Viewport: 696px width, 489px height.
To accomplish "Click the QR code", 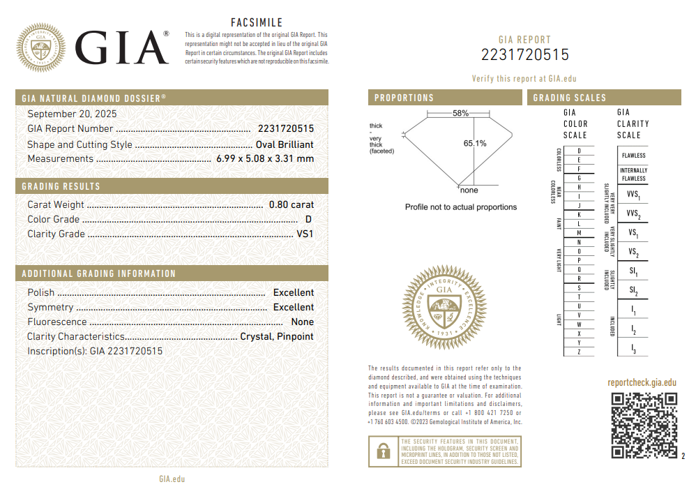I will [x=644, y=425].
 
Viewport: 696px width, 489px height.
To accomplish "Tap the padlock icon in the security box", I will [x=383, y=451].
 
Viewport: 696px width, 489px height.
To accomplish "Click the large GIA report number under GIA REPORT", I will [x=525, y=55].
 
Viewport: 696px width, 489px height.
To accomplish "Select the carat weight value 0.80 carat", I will [x=292, y=204].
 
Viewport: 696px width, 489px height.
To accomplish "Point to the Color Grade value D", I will [x=308, y=219].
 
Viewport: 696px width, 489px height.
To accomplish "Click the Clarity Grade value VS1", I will [x=305, y=234].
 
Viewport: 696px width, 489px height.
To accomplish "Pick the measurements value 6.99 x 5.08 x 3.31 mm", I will [x=264, y=158].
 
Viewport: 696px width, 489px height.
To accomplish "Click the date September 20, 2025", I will [x=72, y=114].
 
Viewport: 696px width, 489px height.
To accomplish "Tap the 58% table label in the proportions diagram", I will [x=460, y=113].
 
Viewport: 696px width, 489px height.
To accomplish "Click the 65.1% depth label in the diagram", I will [x=475, y=143].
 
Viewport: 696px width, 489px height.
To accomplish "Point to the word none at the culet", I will [x=469, y=190].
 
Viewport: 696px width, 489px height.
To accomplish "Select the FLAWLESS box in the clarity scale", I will [x=633, y=155].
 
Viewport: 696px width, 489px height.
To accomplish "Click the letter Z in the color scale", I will [x=579, y=352].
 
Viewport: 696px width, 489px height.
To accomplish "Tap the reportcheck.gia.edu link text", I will [x=642, y=382].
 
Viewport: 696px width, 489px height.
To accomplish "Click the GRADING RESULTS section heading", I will [x=61, y=186].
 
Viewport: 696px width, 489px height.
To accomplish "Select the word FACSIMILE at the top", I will [x=257, y=23].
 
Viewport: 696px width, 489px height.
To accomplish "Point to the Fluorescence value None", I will [x=303, y=322].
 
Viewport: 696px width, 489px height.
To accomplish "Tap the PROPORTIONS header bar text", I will [x=404, y=98].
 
